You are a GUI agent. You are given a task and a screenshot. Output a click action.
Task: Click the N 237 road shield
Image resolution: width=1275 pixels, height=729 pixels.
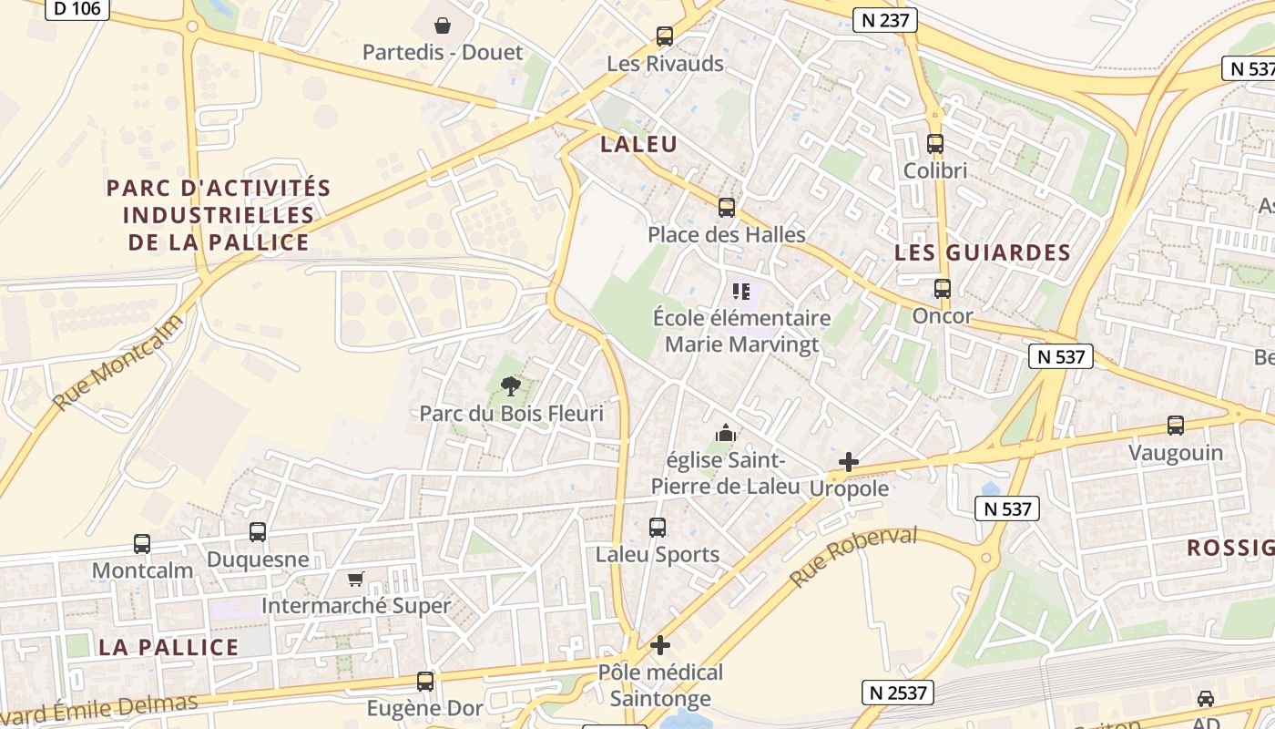click(885, 20)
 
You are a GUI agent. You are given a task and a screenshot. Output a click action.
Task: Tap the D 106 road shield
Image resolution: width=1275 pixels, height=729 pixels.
click(77, 8)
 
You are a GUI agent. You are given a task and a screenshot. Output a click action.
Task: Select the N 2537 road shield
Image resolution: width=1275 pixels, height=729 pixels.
click(898, 693)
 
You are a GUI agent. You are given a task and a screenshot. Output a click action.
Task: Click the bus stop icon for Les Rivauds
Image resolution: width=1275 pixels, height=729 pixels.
click(665, 36)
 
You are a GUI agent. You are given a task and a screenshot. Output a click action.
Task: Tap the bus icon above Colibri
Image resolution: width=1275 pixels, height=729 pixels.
click(935, 144)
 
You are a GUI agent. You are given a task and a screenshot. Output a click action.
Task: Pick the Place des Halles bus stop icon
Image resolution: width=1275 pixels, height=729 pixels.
click(726, 208)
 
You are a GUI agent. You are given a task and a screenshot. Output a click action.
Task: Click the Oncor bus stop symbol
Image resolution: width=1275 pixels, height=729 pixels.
click(943, 289)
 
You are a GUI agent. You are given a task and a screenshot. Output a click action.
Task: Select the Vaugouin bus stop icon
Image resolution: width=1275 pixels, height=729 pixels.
click(1176, 426)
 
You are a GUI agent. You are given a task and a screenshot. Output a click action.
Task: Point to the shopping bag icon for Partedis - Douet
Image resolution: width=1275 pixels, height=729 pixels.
click(443, 26)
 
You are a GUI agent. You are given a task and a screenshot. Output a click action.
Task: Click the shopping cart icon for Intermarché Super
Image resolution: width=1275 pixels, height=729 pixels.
click(356, 579)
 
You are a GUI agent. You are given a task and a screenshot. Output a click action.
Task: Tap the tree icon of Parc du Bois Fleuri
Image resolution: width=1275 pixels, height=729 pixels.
click(511, 386)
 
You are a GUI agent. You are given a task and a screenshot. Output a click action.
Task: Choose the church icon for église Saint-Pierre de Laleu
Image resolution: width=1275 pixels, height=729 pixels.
click(725, 433)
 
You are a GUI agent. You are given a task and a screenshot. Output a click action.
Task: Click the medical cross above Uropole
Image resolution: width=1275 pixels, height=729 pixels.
click(848, 462)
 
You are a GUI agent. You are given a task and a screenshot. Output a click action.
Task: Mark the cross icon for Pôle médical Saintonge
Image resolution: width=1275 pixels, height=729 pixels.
click(660, 645)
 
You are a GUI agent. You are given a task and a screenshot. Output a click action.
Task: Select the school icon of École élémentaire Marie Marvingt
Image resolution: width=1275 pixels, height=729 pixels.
click(741, 292)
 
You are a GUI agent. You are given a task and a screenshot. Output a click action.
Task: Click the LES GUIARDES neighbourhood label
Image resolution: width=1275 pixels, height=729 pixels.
click(983, 252)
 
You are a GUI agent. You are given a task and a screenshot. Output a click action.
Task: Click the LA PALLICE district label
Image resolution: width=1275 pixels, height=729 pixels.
click(168, 647)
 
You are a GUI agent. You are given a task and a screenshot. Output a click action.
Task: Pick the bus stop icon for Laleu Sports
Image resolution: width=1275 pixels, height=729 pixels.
click(657, 528)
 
